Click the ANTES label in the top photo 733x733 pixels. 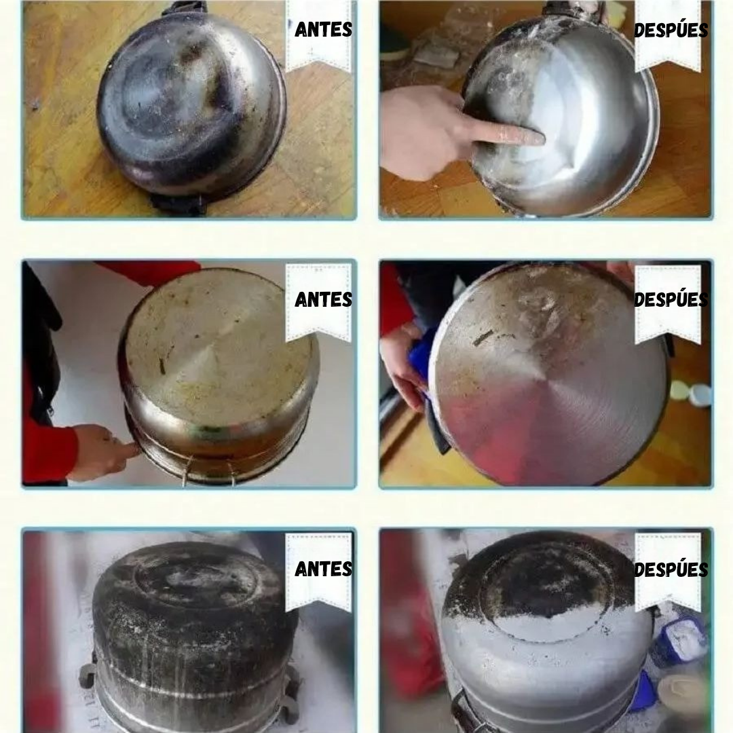(x=324, y=30)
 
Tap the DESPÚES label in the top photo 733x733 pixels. (x=671, y=31)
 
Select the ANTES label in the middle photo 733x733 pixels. (x=324, y=300)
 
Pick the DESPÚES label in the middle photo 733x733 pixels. (x=671, y=300)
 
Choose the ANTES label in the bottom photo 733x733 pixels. (x=324, y=569)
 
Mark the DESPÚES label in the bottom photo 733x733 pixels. (x=671, y=569)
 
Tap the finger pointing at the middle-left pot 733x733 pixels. (x=126, y=451)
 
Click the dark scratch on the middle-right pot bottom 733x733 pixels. (x=483, y=337)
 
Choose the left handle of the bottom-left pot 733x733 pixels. (x=88, y=675)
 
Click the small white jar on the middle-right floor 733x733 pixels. (x=700, y=395)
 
